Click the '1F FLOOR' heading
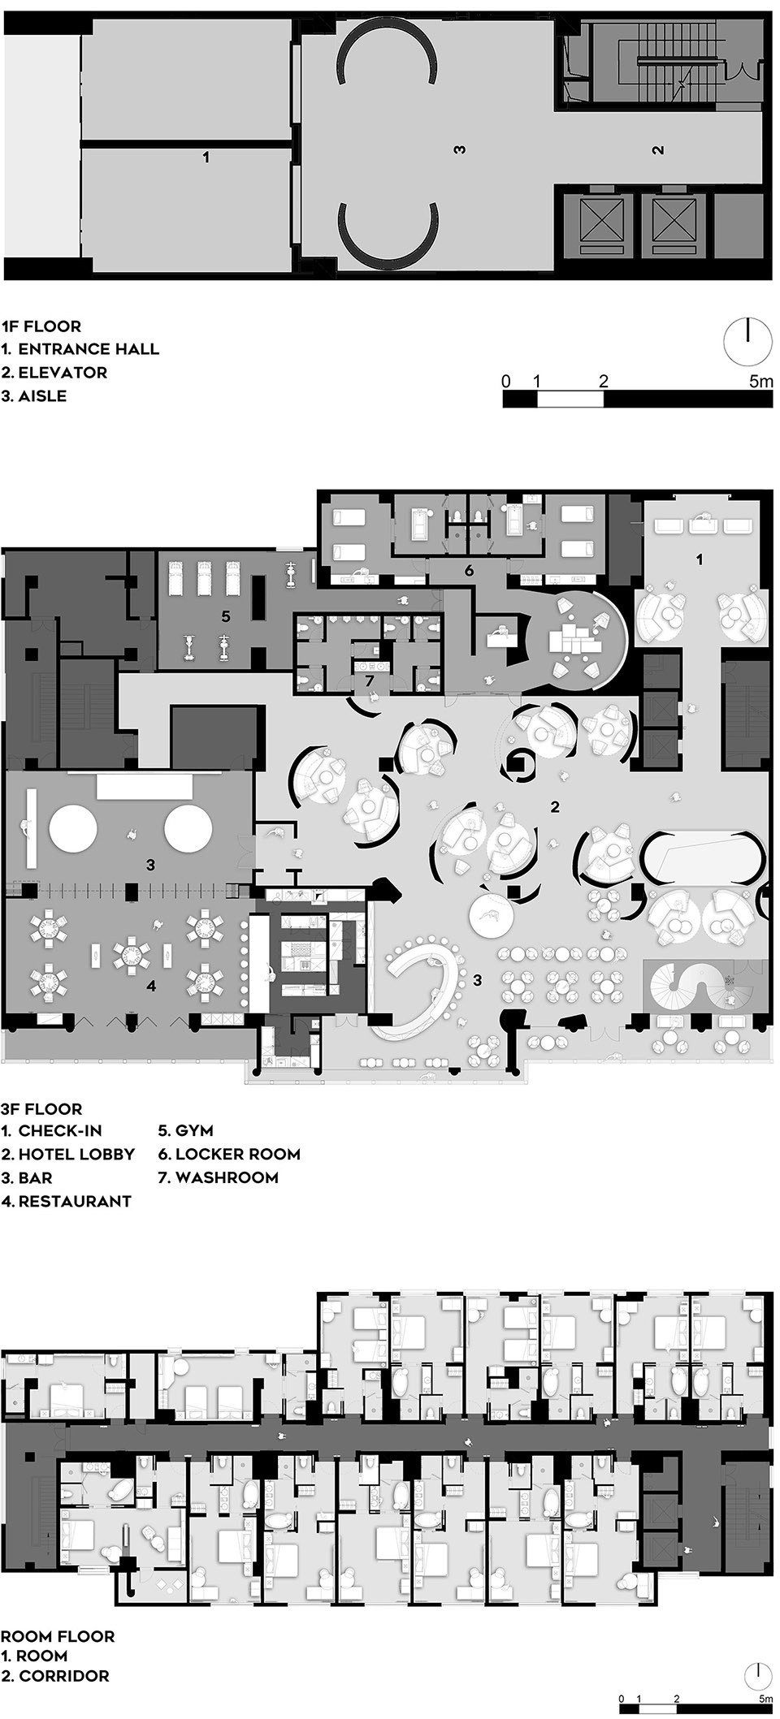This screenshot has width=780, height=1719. coord(41,326)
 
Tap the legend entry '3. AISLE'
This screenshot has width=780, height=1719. coord(34,396)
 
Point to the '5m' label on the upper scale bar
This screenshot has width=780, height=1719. coord(760,380)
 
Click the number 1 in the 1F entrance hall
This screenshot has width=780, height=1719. coord(206,158)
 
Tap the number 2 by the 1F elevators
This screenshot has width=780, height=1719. coord(659,149)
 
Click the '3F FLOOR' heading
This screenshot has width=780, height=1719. coord(42,1108)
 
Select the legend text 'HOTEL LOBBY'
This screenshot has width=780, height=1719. coord(76,1154)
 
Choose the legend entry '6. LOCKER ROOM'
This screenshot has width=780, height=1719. coord(229,1154)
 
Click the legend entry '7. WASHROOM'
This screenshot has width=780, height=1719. coord(219,1177)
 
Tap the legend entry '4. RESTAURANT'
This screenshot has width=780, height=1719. coord(67,1201)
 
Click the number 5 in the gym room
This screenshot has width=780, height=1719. coord(226,617)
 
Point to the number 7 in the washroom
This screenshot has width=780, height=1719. coord(369,679)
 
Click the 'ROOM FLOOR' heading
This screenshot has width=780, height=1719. coord(58,1614)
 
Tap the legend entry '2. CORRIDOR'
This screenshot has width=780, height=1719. coord(55,1652)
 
